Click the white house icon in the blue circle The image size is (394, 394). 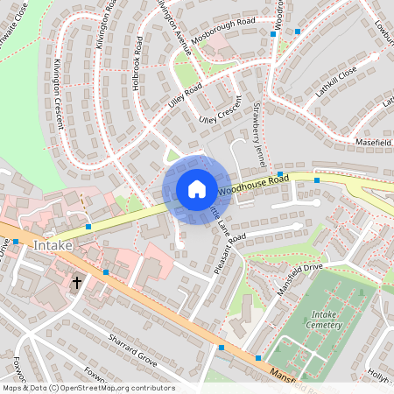(197, 189)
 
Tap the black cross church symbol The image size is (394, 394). (77, 283)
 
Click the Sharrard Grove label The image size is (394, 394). (132, 348)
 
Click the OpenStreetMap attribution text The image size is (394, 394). (88, 388)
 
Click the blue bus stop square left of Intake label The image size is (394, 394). (16, 242)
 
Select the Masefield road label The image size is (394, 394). (373, 142)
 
